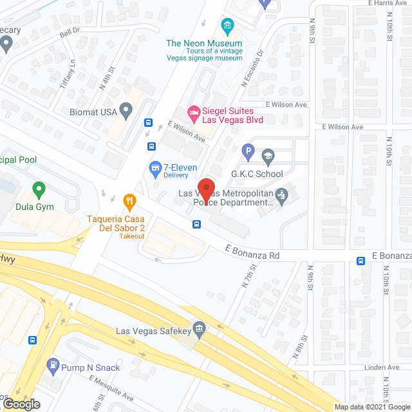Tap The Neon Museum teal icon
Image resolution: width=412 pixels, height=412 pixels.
tap(227, 26)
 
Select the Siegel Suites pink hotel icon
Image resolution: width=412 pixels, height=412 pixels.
tap(193, 113)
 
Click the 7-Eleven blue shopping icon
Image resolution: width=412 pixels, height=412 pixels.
tap(154, 169)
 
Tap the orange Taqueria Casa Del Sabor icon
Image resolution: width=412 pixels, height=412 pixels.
tap(129, 201)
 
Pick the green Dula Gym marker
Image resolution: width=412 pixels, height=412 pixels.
tap(39, 191)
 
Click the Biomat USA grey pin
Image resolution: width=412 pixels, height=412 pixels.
tap(126, 111)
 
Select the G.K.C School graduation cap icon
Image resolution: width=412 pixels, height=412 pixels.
tap(268, 155)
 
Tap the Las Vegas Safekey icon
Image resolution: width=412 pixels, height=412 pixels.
tap(200, 332)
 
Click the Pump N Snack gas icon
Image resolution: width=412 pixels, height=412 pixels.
tap(53, 368)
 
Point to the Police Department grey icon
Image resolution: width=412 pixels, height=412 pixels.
tap(281, 194)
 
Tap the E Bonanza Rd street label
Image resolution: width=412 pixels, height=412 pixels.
tap(252, 255)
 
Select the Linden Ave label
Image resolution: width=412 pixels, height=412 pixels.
tap(382, 368)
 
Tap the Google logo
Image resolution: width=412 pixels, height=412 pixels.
tap(21, 404)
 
